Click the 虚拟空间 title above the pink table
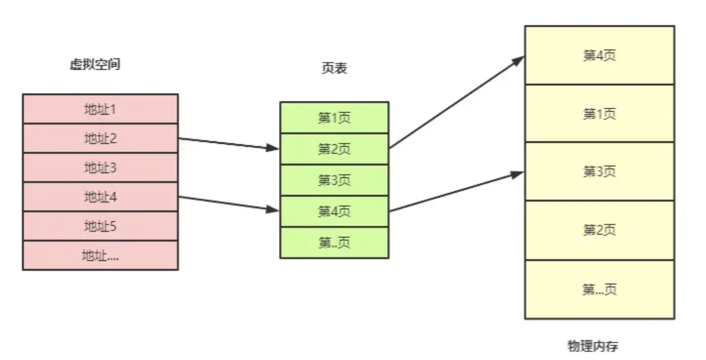point(95,65)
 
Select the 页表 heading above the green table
point(334,69)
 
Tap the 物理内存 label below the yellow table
point(593,346)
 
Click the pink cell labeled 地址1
point(100,109)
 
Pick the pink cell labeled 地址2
point(100,139)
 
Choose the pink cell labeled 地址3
point(100,168)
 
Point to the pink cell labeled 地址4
point(100,197)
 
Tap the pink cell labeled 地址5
point(100,226)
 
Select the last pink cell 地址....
point(100,255)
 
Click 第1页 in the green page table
point(334,118)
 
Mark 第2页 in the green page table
point(334,149)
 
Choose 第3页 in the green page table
point(334,180)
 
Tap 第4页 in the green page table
point(334,211)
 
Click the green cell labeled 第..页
point(334,242)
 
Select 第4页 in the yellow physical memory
point(599,55)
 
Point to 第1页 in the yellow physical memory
point(599,114)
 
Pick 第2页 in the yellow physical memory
point(599,230)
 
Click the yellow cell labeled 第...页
point(599,289)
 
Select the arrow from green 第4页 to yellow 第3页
point(456,192)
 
